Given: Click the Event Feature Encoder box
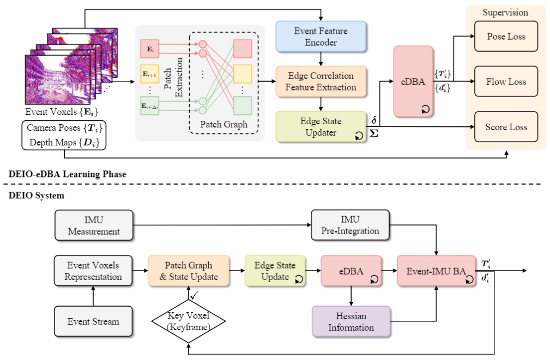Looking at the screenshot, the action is click(321, 36).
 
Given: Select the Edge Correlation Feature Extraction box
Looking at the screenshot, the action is click(321, 81).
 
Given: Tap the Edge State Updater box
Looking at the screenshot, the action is click(321, 126).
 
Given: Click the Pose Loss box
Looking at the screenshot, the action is click(506, 36).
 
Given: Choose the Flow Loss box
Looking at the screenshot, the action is click(506, 81).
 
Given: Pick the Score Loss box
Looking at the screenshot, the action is click(506, 126).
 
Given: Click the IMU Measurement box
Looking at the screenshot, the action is click(94, 225).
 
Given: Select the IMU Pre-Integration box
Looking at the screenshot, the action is click(350, 225).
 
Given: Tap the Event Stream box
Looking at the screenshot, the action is click(93, 321).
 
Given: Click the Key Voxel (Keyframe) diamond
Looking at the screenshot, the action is click(189, 321).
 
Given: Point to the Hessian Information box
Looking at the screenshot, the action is click(351, 321).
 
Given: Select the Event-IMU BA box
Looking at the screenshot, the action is click(437, 271).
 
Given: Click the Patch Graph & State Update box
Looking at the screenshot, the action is click(189, 271).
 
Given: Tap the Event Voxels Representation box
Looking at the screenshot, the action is click(93, 271).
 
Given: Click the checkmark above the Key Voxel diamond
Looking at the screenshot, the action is click(194, 296).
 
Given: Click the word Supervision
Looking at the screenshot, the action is click(505, 13).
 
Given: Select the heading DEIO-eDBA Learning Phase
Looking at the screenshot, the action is click(68, 174).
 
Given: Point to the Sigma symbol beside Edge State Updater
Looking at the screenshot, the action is click(374, 133).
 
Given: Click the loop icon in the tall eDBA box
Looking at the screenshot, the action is click(426, 109).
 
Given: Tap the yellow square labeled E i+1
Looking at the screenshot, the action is click(149, 74).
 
